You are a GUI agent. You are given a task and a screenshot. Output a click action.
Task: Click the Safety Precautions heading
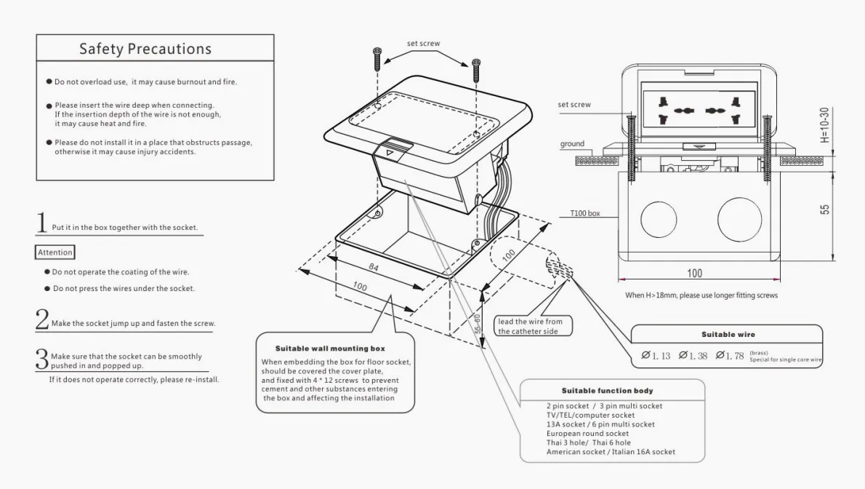pyautogui.click(x=145, y=49)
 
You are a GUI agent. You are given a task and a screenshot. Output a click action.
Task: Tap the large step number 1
pyautogui.click(x=42, y=223)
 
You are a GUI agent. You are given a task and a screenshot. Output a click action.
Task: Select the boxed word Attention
pyautogui.click(x=55, y=253)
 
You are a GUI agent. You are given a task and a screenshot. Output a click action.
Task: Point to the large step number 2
pyautogui.click(x=42, y=319)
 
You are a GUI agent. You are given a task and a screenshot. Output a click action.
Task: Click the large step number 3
pyautogui.click(x=42, y=358)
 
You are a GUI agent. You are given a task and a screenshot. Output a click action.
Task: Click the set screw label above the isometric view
pyautogui.click(x=423, y=44)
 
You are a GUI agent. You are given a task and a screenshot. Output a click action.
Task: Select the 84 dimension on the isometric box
pyautogui.click(x=374, y=268)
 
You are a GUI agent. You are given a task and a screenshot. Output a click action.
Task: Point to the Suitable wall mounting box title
pyautogui.click(x=330, y=349)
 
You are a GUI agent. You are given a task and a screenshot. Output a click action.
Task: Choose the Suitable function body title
pyautogui.click(x=607, y=391)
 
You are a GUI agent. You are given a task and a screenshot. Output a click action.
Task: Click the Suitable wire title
pyautogui.click(x=728, y=335)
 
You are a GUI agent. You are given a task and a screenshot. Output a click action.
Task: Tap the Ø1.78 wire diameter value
pyautogui.click(x=730, y=355)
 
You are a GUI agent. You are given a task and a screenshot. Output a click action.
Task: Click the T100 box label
pyautogui.click(x=585, y=214)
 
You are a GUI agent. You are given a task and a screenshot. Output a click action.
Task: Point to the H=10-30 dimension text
pyautogui.click(x=824, y=125)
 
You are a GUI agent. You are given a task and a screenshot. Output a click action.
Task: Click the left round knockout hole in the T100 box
pyautogui.click(x=659, y=218)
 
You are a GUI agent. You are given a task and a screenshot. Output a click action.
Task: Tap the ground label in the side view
pyautogui.click(x=572, y=144)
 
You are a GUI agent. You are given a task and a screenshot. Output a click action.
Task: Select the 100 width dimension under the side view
pyautogui.click(x=695, y=274)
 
